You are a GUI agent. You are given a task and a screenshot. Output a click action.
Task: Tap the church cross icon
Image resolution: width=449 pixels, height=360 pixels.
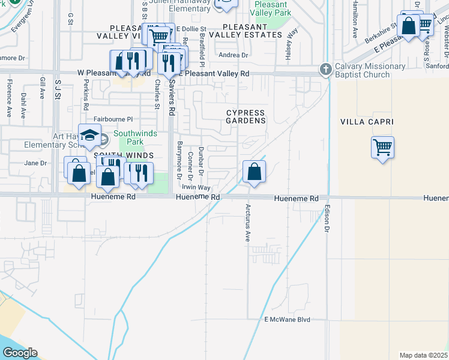tap(326, 70)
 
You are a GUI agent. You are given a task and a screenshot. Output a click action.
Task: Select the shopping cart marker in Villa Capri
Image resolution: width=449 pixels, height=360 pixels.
tap(382, 146)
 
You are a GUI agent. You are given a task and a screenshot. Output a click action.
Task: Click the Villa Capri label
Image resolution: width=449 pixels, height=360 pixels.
tap(366, 122)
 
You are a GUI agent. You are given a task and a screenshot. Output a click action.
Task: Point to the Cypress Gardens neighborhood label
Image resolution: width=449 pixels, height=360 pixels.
tap(246, 116)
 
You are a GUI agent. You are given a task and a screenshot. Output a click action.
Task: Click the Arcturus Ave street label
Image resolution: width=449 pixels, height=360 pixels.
tap(247, 223)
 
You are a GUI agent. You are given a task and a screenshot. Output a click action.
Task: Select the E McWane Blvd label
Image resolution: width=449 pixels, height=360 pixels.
tap(287, 320)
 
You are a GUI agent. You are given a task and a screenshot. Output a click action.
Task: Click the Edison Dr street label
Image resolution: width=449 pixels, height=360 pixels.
tap(328, 219)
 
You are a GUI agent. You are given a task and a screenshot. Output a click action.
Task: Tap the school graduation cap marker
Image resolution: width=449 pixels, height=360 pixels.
tap(89, 136)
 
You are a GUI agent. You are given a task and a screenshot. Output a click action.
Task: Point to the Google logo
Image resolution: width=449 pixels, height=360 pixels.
tap(19, 353)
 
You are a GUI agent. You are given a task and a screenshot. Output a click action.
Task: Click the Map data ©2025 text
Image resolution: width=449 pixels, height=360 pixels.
tap(423, 355)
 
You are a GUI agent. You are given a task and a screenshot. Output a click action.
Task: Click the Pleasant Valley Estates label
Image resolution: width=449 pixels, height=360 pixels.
tap(252, 31)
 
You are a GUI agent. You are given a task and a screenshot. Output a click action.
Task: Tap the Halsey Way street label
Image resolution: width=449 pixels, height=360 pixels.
tap(289, 44)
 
